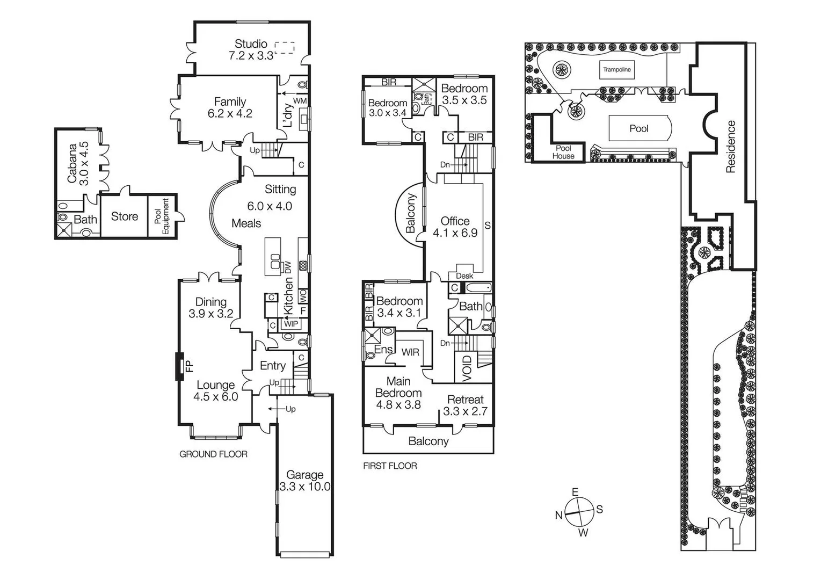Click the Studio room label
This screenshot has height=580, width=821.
coord(251,44)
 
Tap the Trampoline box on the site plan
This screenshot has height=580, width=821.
coord(616,70)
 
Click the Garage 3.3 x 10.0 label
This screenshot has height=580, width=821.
coord(304,481)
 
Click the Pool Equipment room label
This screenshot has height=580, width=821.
coord(162,216)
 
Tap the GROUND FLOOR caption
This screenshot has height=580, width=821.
coord(213,454)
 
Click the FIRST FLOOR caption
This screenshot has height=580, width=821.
coord(390,466)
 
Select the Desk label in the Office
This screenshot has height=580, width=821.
coord(464,276)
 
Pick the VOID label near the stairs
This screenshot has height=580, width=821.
coord(467,368)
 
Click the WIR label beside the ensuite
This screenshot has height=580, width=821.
coord(411,352)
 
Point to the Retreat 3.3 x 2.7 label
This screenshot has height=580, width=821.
coord(465,405)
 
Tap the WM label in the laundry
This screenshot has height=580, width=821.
coord(300,101)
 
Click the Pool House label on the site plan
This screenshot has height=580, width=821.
coord(563,152)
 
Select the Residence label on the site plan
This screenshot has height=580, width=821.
coord(730,147)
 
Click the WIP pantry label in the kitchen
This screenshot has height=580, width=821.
coord(291,324)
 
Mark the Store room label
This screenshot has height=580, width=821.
coord(125,216)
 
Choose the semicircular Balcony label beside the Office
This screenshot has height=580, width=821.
coord(411,214)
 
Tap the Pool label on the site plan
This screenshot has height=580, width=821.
coord(639,129)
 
